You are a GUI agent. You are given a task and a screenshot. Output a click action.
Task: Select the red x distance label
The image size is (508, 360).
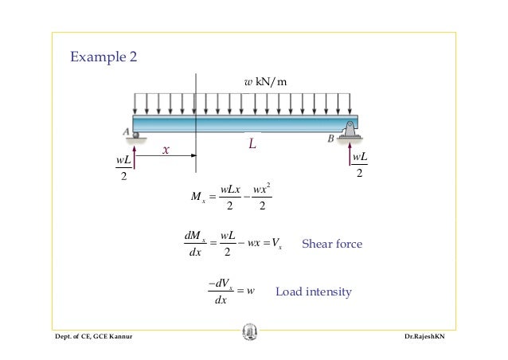coord(166,150)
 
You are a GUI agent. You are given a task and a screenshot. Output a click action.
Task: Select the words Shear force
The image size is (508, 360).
coord(332,244)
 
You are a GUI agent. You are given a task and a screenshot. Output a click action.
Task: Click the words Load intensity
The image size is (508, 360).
coord(313,292)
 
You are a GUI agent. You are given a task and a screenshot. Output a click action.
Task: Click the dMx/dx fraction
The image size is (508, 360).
coord(195,244)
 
